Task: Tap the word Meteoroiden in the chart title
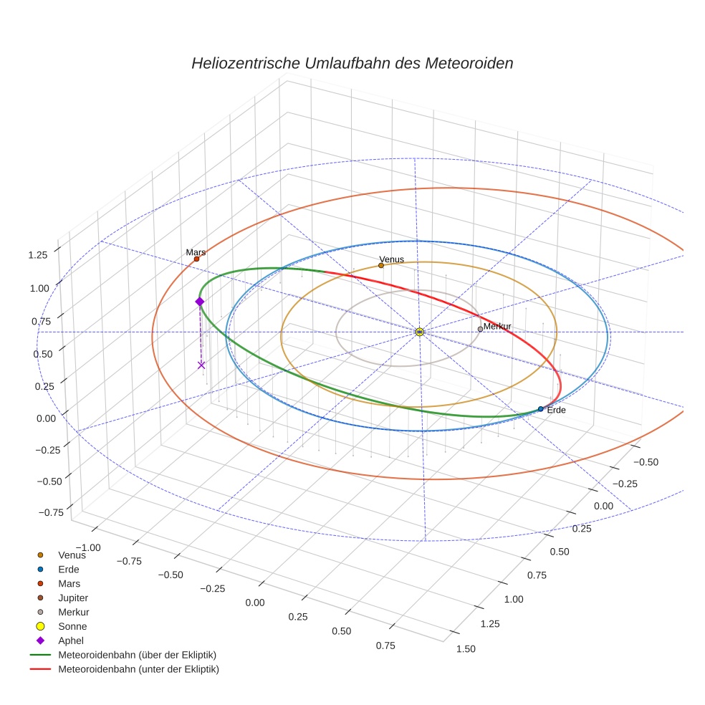coord(469,63)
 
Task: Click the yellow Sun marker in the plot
coord(419,332)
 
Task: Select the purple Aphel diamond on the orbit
coord(200,302)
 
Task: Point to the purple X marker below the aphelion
coord(201,365)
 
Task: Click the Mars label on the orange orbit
coord(196,252)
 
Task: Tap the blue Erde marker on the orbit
coord(540,409)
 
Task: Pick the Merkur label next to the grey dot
coord(497,327)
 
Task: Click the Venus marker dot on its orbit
coord(380,266)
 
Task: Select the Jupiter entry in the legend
coord(73,598)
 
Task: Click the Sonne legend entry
coord(72,626)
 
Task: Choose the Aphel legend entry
coord(71,641)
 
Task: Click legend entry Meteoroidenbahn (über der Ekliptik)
coord(137,655)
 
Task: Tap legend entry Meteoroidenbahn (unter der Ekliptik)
coord(138,669)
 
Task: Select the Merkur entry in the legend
coord(73,612)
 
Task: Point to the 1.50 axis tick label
coord(465,649)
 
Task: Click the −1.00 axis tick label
coord(87,547)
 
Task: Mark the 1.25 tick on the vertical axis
coord(37,255)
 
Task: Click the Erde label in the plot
coord(556,411)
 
